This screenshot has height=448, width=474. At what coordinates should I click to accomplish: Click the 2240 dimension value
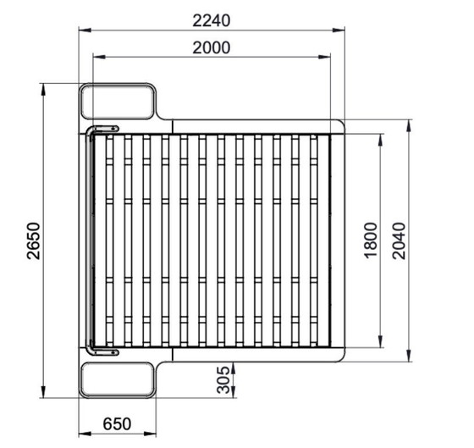tap(212, 21)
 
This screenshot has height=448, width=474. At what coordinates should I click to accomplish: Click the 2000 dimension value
tap(212, 47)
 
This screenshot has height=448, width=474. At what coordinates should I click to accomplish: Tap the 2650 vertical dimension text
tap(34, 241)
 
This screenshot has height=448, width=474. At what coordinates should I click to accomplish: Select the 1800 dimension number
tap(371, 241)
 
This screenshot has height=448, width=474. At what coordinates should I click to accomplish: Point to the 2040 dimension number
tap(399, 241)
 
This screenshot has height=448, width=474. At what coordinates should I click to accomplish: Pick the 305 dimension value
tap(223, 380)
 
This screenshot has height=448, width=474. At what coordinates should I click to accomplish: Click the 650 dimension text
tap(117, 423)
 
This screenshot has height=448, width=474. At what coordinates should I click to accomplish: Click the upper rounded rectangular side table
tap(118, 102)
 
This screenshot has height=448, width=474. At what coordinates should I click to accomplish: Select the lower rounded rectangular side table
tap(118, 380)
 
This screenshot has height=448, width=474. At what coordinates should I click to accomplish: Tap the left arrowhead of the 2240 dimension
tap(85, 30)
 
